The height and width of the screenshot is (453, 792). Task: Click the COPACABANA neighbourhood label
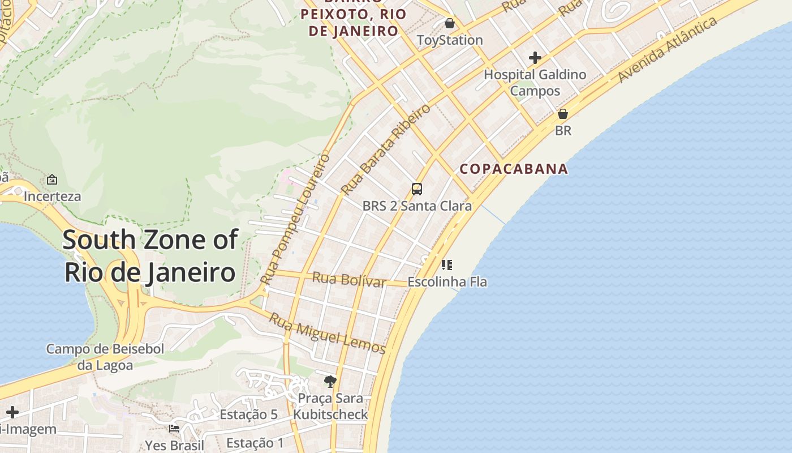pos(514,169)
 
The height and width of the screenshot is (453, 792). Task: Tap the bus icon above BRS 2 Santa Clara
pos(417,189)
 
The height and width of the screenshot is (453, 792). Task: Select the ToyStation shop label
pos(450,40)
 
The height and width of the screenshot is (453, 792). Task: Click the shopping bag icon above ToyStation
pos(449,23)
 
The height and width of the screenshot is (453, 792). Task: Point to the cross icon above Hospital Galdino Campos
pos(535,58)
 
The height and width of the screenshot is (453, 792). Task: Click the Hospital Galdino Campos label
pos(535,83)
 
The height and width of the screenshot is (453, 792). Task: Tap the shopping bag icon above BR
pos(562,114)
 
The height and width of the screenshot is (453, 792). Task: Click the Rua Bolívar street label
pos(349,279)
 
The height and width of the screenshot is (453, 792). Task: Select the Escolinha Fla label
pos(447,281)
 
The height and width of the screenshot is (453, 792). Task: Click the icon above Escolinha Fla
pos(447,264)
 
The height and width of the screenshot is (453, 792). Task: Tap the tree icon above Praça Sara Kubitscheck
pos(330,381)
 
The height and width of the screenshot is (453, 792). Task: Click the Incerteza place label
pos(52,196)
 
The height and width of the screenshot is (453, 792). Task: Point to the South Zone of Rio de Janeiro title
pos(150,256)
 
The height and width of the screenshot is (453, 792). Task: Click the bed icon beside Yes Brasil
pos(174,429)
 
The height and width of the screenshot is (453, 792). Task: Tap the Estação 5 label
pos(248,414)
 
